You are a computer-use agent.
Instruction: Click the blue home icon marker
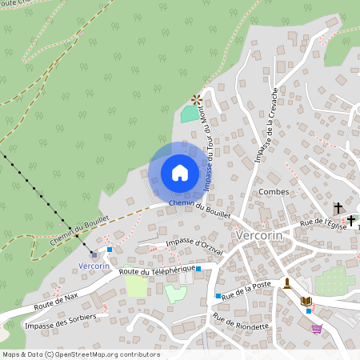click(180, 173)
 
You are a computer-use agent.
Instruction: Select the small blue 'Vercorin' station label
click(94, 266)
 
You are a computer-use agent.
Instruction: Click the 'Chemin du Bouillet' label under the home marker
click(200, 209)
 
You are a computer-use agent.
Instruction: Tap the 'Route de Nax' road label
click(56, 302)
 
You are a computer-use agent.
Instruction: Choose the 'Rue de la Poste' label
click(248, 289)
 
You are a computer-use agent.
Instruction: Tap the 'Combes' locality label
click(274, 192)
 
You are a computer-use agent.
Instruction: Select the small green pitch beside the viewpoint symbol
click(190, 114)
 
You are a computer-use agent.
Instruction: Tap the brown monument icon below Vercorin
click(287, 283)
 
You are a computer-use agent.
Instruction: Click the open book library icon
click(306, 301)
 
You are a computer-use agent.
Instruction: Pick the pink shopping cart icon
click(318, 327)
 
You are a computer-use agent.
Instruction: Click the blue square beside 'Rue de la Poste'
click(217, 296)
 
